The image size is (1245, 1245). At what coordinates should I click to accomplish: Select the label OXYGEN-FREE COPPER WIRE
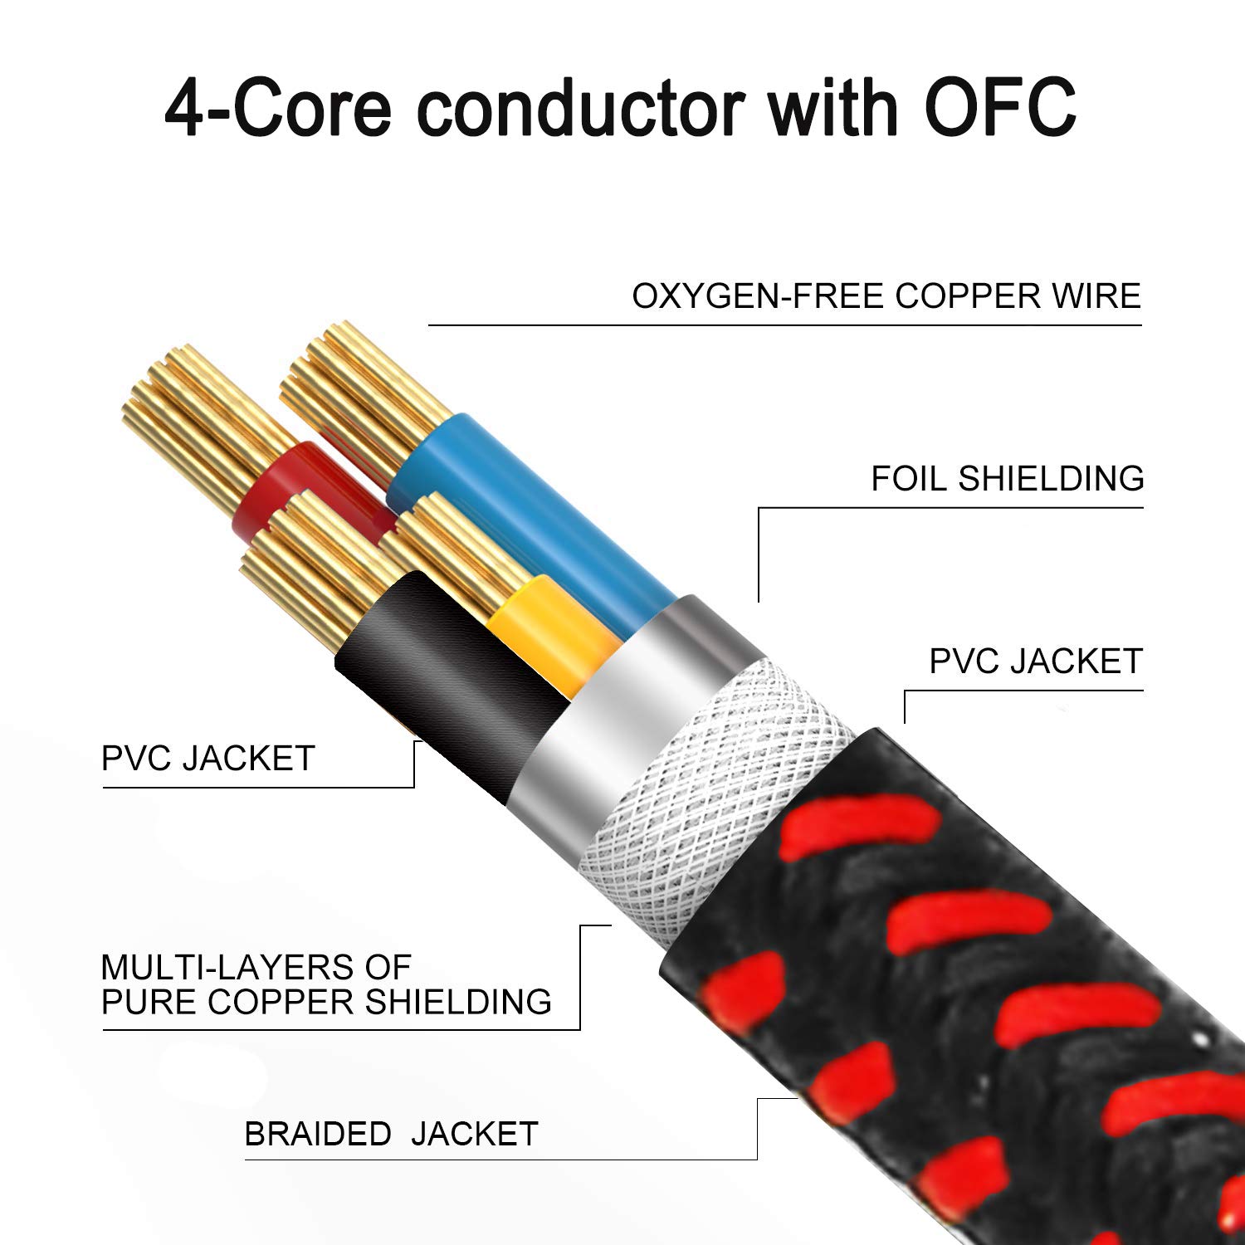(x=886, y=296)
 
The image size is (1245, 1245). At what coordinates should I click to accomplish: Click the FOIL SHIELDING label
(x=1008, y=479)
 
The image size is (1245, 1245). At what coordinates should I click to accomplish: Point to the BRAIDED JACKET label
(x=391, y=1134)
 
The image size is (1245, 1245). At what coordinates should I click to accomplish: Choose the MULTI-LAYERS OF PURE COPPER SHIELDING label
(x=326, y=985)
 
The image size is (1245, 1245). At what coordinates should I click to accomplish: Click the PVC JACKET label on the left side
(x=207, y=759)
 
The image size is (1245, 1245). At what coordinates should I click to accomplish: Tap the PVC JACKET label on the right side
(x=1036, y=662)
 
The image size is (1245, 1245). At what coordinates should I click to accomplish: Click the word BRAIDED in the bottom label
(x=318, y=1134)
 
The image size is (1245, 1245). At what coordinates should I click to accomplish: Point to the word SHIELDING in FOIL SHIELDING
(x=1051, y=479)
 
